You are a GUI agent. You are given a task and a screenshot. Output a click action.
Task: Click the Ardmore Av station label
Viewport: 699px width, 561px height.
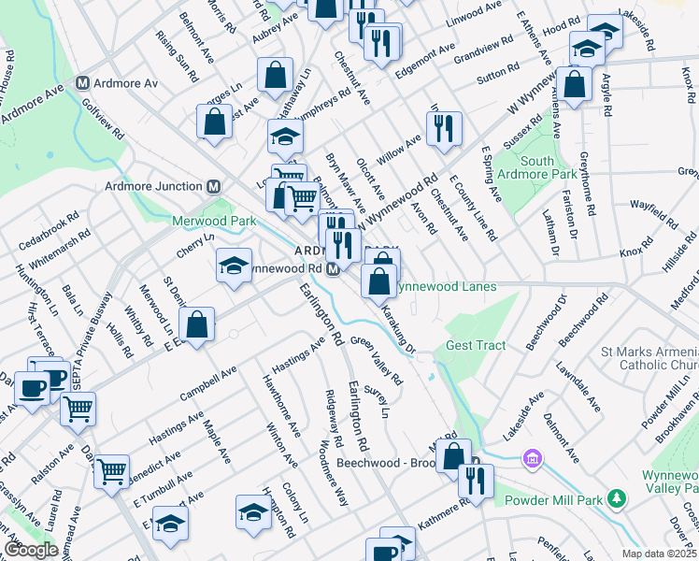click(x=125, y=82)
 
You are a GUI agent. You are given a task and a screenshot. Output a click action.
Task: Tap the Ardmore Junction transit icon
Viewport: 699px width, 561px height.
click(x=213, y=186)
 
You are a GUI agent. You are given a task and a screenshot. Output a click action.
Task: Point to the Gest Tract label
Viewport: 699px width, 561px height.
click(x=475, y=345)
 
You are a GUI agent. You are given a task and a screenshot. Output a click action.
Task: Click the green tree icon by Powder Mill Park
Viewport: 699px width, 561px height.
click(x=616, y=498)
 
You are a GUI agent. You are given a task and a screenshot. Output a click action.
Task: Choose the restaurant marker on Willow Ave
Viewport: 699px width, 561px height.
click(x=444, y=128)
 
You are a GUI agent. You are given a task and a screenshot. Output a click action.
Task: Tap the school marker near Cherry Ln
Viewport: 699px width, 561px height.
click(x=234, y=265)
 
